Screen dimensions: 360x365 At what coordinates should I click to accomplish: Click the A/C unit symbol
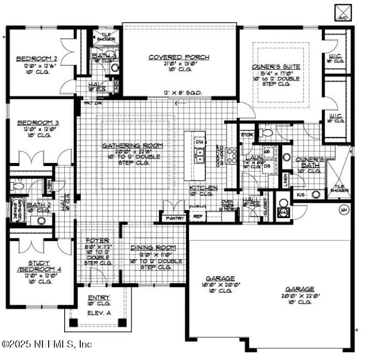[343, 12]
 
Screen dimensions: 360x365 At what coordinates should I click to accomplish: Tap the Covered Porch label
[179, 57]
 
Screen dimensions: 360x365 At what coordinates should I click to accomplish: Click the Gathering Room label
[132, 145]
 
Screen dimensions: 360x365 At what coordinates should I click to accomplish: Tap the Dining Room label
[153, 248]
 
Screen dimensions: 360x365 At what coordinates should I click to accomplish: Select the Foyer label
[97, 241]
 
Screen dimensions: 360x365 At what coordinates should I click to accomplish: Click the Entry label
[98, 298]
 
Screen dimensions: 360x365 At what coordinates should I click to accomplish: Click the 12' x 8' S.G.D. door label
[183, 93]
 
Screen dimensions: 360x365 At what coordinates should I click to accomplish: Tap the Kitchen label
[203, 187]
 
